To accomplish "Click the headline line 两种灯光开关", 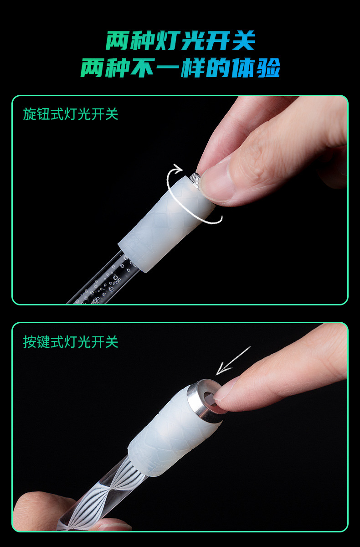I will click(x=180, y=41).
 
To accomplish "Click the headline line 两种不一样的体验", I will click(x=180, y=68).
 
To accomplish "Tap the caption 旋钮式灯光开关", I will click(x=71, y=114).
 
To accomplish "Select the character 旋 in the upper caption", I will click(x=29, y=114).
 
